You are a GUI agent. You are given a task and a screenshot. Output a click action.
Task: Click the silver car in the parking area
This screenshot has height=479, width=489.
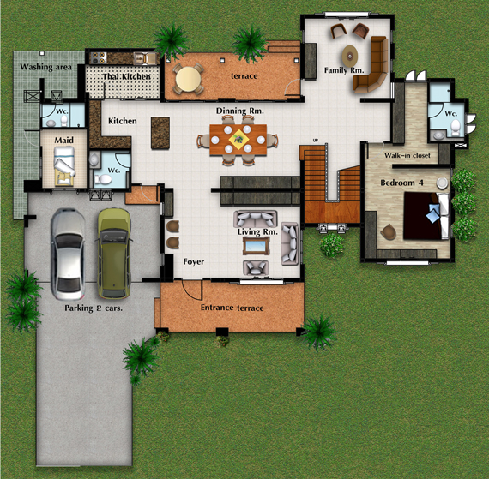pos(68,254)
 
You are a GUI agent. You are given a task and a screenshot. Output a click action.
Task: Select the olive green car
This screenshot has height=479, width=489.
pos(114,253)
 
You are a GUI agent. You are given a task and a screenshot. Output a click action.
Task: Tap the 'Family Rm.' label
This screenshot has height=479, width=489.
pos(344,70)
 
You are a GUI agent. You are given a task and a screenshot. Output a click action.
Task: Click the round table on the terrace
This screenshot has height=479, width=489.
pos(188,79)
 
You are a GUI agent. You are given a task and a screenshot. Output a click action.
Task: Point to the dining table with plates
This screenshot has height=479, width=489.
pos(238,140)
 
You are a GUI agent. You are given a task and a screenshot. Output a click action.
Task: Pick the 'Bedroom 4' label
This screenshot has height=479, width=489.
pos(401,183)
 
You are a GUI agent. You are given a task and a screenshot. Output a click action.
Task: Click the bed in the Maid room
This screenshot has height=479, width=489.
pos(64,166)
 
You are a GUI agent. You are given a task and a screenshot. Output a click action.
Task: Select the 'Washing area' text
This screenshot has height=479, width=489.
pos(45,67)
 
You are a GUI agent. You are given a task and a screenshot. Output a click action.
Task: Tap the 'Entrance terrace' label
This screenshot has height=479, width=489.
pos(232,308)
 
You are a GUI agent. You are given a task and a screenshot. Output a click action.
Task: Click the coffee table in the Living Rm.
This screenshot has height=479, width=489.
pos(256,246)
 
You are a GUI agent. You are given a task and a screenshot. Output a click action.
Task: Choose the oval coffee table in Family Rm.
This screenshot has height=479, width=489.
pos(350,57)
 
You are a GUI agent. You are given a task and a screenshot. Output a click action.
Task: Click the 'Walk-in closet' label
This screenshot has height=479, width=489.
pos(407,155)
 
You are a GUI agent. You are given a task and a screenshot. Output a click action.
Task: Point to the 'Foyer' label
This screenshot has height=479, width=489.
pos(194,261)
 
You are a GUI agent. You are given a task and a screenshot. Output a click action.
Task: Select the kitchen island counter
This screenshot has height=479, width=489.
pos(160,133)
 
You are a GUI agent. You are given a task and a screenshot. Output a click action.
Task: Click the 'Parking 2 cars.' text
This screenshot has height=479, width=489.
pos(94,308)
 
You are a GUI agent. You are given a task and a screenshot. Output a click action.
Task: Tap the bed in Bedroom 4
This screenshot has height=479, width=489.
pos(426,216)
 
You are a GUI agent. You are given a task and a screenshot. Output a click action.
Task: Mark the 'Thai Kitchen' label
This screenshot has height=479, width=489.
pos(127,76)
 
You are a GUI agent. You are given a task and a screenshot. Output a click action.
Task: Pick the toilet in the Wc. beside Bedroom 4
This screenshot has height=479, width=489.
pos(456,127)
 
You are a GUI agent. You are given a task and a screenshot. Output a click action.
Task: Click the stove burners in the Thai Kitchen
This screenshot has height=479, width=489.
pos(99,57)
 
